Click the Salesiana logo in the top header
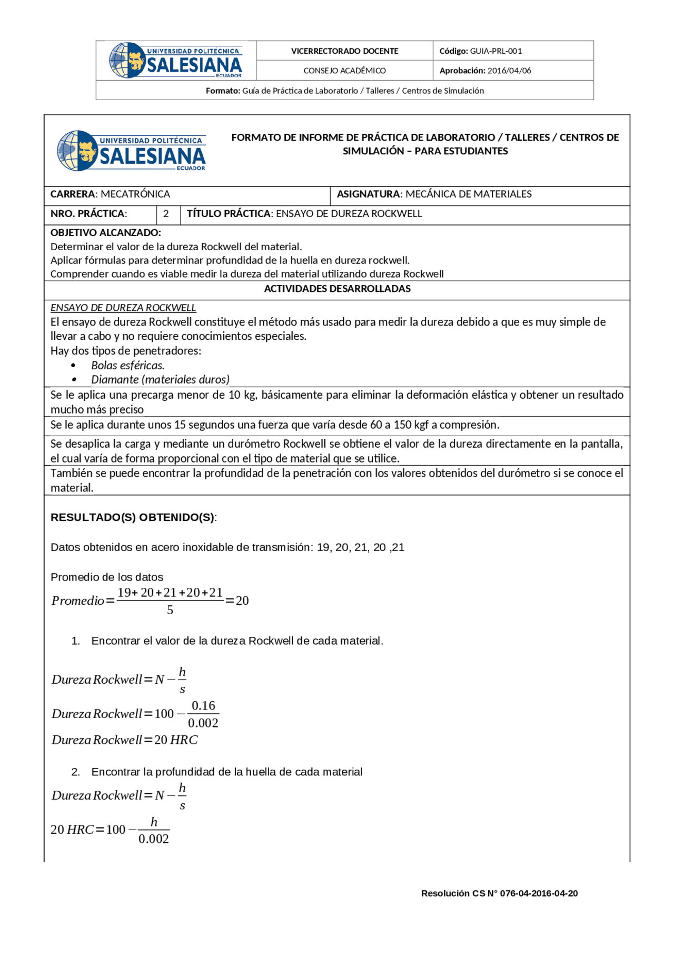[x=175, y=61]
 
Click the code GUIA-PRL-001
[x=495, y=51]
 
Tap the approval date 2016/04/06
[x=509, y=71]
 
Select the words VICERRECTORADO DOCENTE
[x=344, y=51]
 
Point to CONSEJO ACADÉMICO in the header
[x=344, y=71]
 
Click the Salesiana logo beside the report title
[x=131, y=151]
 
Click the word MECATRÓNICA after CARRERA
[x=135, y=194]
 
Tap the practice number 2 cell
[x=166, y=214]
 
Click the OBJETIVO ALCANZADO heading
[x=105, y=232]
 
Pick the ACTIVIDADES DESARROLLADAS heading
[x=337, y=289]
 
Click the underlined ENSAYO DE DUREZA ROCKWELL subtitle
[x=123, y=308]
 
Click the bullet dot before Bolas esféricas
[x=73, y=366]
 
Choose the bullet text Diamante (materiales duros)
[x=160, y=379]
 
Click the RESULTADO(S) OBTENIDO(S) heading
[x=133, y=517]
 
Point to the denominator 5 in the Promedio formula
[x=170, y=610]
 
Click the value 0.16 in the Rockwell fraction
[x=203, y=706]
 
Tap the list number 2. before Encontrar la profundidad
[x=76, y=772]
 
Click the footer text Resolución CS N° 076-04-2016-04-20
[x=499, y=893]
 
